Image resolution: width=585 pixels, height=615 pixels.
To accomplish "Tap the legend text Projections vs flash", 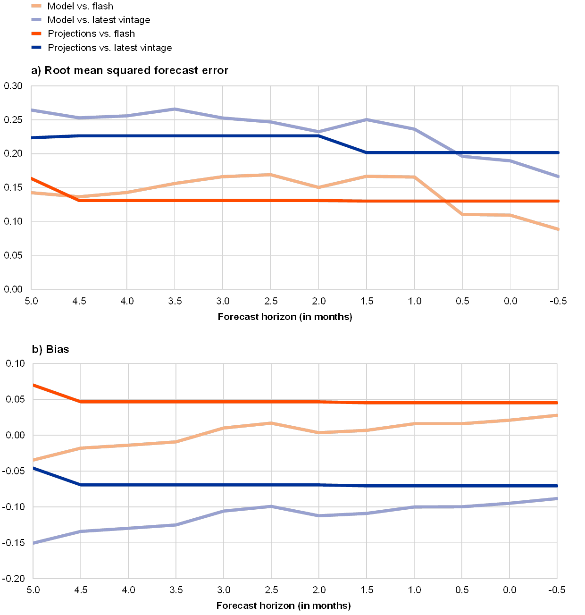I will pos(92,34).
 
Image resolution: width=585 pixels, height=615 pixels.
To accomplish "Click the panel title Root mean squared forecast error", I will pos(130,71).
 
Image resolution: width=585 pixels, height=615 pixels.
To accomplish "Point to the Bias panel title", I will pos(51,350).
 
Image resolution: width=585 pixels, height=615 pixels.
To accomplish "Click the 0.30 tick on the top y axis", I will pos(13,86).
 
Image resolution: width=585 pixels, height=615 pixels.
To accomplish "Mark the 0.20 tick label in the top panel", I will pos(13,154).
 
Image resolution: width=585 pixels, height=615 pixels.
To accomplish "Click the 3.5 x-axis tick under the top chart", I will pos(175,301).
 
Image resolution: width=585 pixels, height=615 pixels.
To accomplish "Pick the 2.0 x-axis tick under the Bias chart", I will pos(318,590).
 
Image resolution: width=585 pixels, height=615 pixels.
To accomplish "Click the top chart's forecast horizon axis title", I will pos(288,317).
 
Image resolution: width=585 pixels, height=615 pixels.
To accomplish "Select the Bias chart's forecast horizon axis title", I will pos(288,606).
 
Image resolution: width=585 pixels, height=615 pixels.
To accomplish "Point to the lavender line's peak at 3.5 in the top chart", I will pos(175,109).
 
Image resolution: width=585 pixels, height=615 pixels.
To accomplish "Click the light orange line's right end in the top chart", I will pos(558,229).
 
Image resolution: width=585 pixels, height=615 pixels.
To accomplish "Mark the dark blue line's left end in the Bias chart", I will pos(33,468).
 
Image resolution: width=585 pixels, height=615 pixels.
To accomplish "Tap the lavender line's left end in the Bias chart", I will pos(33,543).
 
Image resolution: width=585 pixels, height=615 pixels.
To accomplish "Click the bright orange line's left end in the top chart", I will pos(32,178).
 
